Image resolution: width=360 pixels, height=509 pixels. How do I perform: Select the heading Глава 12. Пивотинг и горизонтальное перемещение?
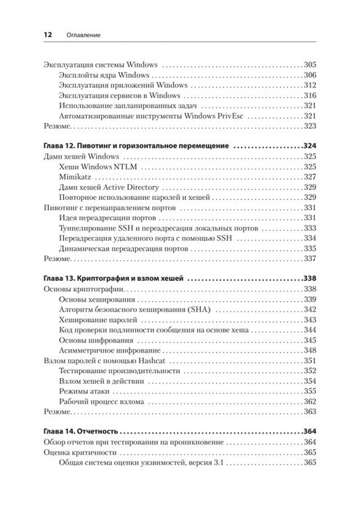(x=135, y=145)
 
